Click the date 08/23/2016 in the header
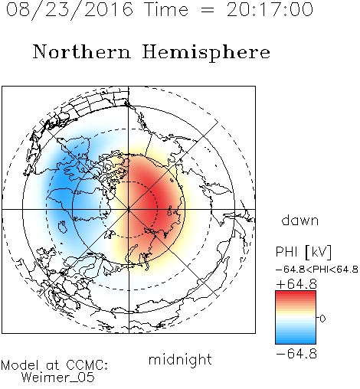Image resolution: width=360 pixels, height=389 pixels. (70, 10)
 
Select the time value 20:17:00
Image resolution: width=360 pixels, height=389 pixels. (270, 9)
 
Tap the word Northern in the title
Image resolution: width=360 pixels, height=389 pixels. (82, 51)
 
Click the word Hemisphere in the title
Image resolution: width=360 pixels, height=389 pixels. (206, 53)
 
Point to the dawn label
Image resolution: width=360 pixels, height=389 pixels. (300, 221)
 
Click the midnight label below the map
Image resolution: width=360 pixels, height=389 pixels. (180, 360)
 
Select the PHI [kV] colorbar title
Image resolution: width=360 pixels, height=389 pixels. (303, 252)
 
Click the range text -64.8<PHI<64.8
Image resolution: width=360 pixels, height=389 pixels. (317, 270)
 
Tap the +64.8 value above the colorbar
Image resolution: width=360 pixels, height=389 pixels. (296, 284)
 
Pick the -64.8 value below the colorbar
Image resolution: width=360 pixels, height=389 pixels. (296, 354)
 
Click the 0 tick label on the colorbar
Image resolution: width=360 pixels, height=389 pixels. (322, 319)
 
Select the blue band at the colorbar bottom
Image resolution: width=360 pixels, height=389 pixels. (296, 339)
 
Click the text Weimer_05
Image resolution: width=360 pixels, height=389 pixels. (58, 377)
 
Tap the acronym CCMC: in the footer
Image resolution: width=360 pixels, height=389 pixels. (87, 365)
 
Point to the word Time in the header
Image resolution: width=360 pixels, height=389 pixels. (166, 9)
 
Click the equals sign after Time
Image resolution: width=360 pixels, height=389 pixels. (207, 10)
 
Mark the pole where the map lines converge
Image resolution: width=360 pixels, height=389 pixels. (129, 209)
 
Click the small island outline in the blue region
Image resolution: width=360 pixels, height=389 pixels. (63, 227)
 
